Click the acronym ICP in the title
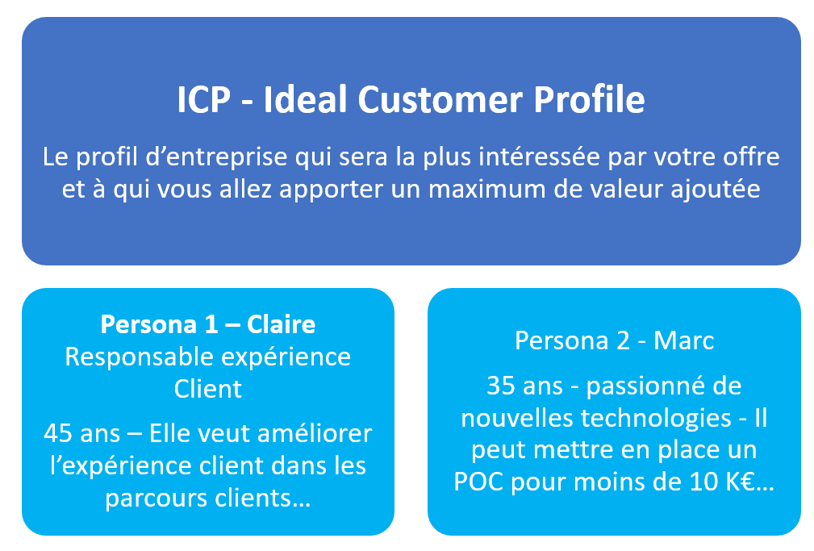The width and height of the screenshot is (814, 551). (x=203, y=100)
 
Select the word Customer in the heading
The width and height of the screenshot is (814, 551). (x=440, y=100)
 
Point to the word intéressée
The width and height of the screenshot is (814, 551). (x=539, y=157)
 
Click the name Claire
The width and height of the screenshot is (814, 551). (x=281, y=324)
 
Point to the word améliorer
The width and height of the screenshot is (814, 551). (x=314, y=434)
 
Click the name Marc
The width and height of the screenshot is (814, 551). (x=683, y=341)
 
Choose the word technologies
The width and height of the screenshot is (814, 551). (x=656, y=419)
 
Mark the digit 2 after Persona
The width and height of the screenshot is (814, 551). (x=623, y=341)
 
